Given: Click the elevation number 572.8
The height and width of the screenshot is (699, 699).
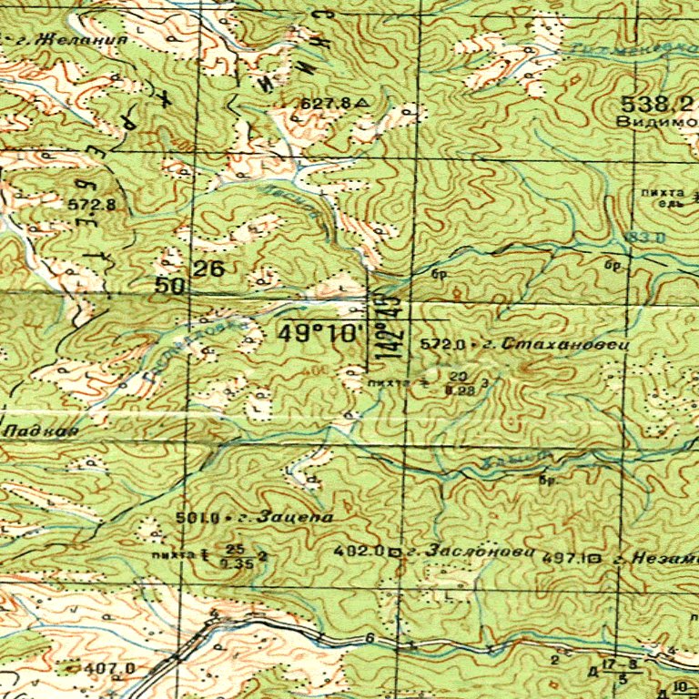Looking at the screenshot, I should tap(91, 205).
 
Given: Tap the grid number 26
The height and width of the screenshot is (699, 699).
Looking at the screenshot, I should tap(208, 268).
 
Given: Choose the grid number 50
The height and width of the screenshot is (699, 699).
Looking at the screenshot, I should tap(171, 286).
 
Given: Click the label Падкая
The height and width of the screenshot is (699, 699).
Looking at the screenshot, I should tap(40, 429).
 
